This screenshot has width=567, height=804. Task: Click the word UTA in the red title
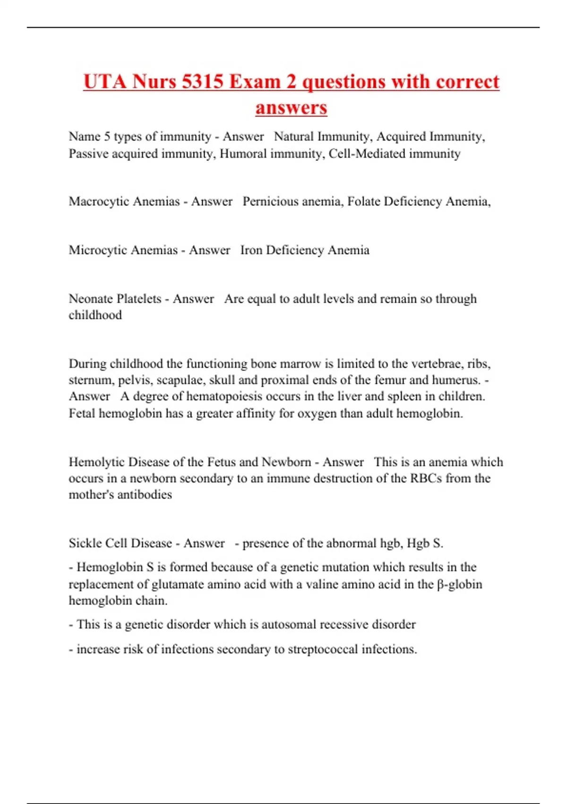pos(105,81)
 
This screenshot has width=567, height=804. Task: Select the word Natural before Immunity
pos(294,136)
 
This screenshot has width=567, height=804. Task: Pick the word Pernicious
pos(270,201)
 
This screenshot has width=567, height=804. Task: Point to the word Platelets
pos(138,299)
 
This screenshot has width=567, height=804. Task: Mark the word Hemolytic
pos(97,462)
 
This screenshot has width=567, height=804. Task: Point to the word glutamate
pos(178,584)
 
